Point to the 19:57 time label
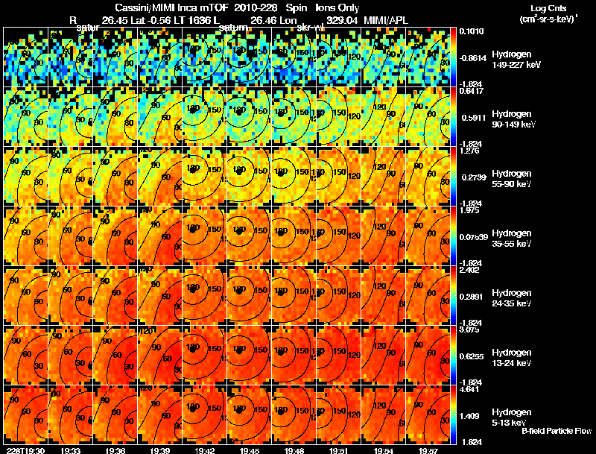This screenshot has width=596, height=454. (429, 450)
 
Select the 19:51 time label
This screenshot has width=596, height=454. (339, 450)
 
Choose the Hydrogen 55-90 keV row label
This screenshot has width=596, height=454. (513, 179)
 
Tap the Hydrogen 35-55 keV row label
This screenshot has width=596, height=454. (513, 239)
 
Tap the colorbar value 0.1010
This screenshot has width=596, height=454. (471, 31)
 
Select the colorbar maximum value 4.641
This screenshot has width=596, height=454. (471, 388)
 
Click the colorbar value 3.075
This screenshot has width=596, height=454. (471, 329)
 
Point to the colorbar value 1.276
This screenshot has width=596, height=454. (471, 151)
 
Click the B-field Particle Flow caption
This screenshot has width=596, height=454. (557, 431)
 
